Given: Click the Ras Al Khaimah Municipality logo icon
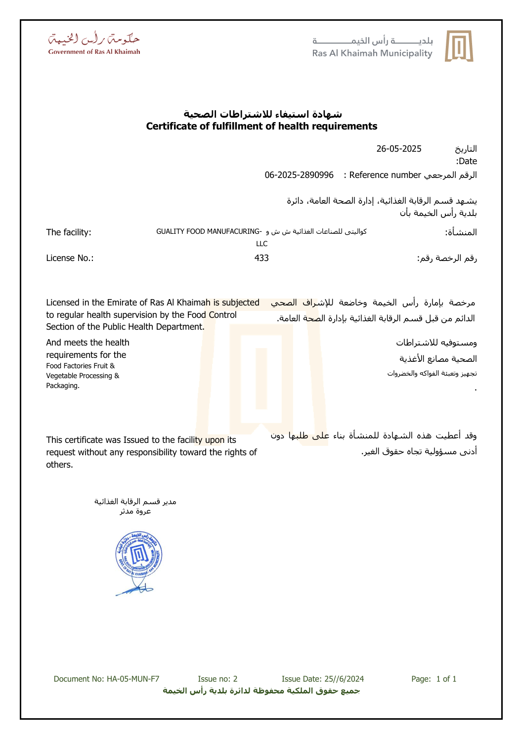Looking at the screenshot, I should pyautogui.click(x=459, y=46).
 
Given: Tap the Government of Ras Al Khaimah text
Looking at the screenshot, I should pyautogui.click(x=94, y=52).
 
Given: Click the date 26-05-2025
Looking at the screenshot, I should pyautogui.click(x=398, y=149).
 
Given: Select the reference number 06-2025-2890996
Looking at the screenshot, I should pyautogui.click(x=299, y=175).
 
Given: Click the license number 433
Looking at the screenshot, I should pyautogui.click(x=261, y=258).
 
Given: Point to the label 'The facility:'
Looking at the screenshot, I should pyautogui.click(x=69, y=232).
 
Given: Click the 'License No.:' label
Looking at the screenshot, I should pyautogui.click(x=70, y=258).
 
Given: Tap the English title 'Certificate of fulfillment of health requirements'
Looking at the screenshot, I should pyautogui.click(x=261, y=127).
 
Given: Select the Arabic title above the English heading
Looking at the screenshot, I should pyautogui.click(x=262, y=114).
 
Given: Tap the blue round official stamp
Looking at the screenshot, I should pyautogui.click(x=139, y=555).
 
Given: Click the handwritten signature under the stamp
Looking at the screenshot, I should pyautogui.click(x=134, y=589).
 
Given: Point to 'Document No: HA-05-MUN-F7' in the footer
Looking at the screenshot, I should pyautogui.click(x=106, y=679).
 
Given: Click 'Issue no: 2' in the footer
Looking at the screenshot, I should pyautogui.click(x=217, y=679).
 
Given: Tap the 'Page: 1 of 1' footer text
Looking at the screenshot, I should pyautogui.click(x=434, y=679).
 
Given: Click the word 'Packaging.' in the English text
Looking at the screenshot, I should pyautogui.click(x=63, y=386).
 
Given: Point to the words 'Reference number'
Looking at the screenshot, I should pyautogui.click(x=385, y=175).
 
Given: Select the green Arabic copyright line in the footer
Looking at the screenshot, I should pyautogui.click(x=261, y=691).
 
